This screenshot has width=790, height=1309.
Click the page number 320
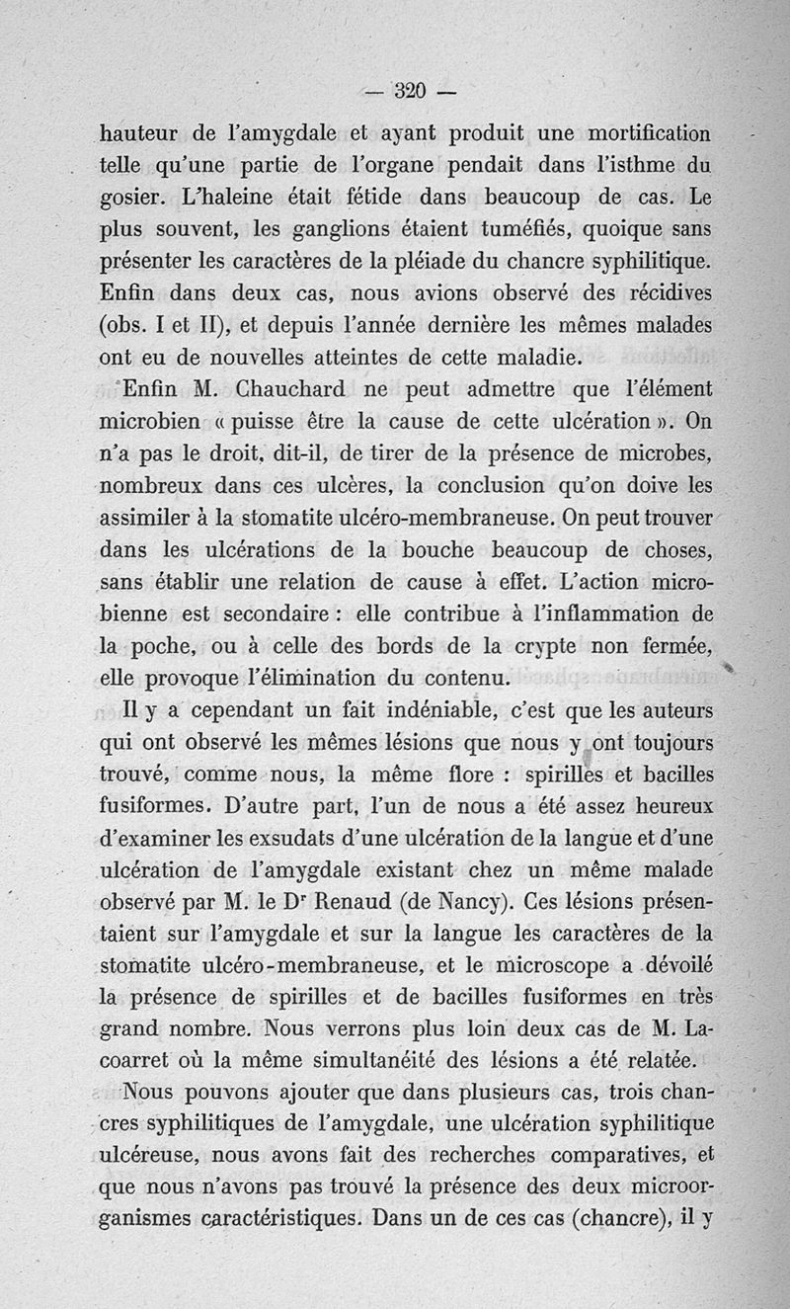409,92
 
